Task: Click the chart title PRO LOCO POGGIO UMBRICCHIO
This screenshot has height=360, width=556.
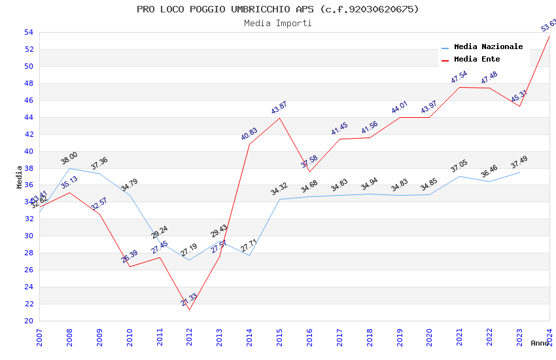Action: (277, 9)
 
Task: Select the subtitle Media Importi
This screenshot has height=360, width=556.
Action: (277, 23)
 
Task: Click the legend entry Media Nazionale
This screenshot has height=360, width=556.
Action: (488, 46)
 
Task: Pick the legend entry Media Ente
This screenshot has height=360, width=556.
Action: (476, 59)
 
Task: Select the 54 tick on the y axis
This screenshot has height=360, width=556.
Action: (28, 32)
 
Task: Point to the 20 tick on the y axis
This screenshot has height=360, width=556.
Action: (28, 321)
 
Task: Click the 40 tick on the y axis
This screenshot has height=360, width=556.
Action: (28, 151)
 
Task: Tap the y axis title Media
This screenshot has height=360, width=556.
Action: (20, 177)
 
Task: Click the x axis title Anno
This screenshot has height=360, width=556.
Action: (540, 343)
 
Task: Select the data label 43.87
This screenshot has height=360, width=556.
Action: (279, 108)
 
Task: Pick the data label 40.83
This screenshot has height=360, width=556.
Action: (249, 134)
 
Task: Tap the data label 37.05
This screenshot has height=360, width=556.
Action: (459, 166)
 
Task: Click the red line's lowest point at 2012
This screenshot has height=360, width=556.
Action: (190, 310)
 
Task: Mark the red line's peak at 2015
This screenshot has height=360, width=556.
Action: (280, 118)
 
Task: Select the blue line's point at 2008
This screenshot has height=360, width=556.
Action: (69, 168)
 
